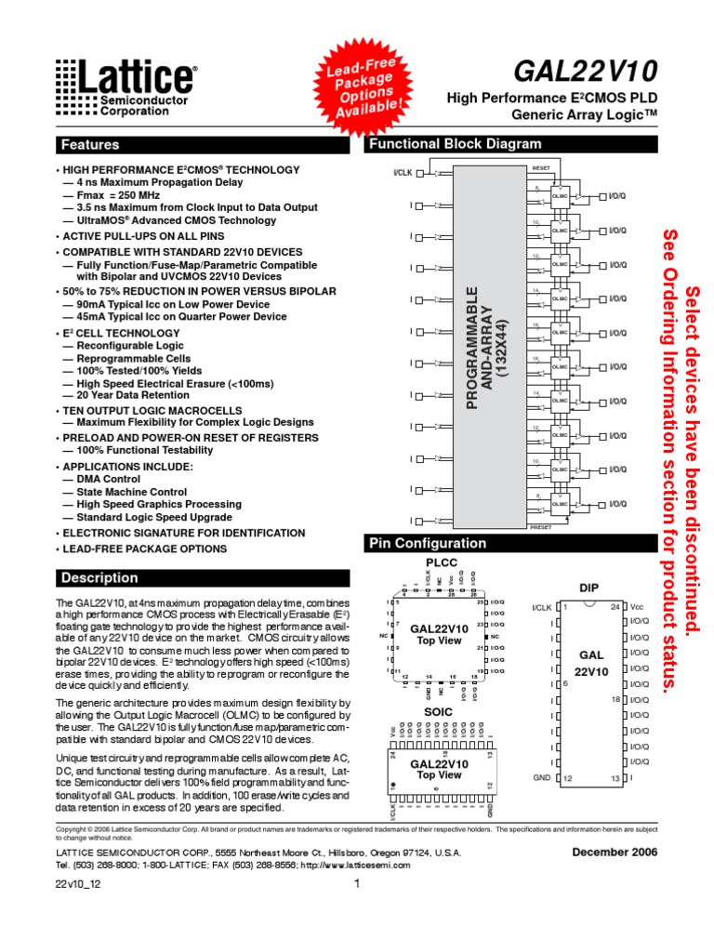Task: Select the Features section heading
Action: pos(90,145)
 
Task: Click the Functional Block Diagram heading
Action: pos(456,144)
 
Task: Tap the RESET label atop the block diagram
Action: pos(541,167)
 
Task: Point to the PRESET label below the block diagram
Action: pos(541,527)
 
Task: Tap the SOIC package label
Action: pos(439,712)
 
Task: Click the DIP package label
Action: pos(589,588)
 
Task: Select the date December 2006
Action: pos(615,852)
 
